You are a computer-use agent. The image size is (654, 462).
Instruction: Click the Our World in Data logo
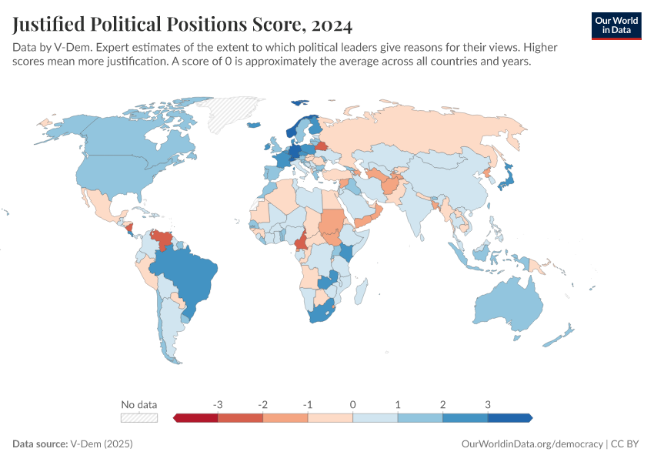coord(616,25)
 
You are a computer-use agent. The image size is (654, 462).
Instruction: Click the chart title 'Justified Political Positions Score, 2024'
coord(182,25)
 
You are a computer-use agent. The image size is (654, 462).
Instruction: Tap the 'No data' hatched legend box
coord(139,417)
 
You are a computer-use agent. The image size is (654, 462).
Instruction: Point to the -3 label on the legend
coord(218,404)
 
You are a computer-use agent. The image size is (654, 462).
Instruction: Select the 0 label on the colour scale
coord(352,404)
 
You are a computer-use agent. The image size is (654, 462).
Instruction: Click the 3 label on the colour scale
coord(487,404)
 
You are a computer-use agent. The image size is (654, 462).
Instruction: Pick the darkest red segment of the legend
coord(196,417)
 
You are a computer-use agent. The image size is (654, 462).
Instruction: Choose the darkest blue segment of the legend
coord(509,417)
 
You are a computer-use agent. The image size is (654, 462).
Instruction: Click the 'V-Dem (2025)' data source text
coord(102,444)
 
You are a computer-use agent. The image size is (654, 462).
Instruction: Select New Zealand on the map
coord(559,334)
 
